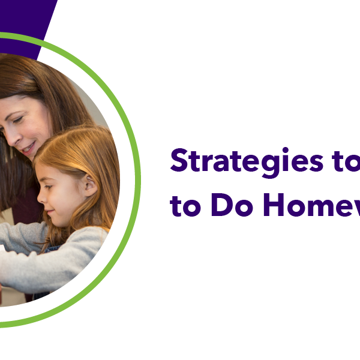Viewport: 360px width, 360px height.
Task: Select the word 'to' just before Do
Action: point(184,206)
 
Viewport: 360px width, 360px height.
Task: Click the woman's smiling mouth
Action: point(27,146)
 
